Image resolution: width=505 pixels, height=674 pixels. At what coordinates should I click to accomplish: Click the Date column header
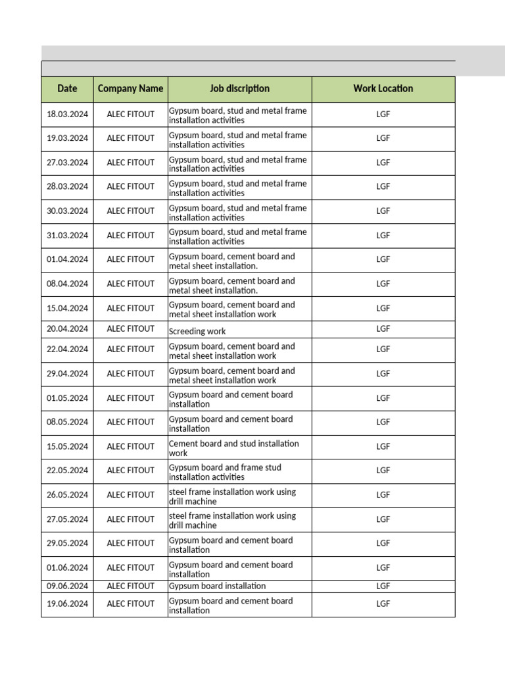tap(67, 89)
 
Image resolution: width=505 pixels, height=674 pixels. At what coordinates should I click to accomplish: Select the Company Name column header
tap(130, 89)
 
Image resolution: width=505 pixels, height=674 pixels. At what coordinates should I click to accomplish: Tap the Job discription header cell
tap(239, 89)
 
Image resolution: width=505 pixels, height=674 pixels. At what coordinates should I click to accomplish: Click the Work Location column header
tap(383, 89)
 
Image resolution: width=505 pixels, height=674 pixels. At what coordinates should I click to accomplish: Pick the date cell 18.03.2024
tap(67, 115)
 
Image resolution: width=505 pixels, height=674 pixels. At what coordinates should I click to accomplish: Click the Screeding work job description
tap(197, 331)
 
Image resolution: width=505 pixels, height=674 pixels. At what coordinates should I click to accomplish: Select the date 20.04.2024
tap(67, 329)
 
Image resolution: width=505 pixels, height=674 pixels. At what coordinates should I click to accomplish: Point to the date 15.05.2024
tap(67, 447)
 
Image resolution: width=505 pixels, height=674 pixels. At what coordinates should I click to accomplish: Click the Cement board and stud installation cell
tap(233, 448)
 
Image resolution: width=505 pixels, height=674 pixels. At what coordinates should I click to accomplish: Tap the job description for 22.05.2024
tap(225, 472)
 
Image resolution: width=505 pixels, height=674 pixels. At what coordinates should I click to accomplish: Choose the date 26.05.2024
tap(67, 495)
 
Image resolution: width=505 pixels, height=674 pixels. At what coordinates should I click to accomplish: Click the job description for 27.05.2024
tap(232, 521)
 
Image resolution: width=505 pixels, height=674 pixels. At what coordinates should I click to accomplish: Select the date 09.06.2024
tap(67, 586)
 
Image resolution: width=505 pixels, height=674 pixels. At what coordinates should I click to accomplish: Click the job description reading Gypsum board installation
tap(218, 586)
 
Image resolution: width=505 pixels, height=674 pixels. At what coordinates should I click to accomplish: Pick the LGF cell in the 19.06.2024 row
tap(383, 604)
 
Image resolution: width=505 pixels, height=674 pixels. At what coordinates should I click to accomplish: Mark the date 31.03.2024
tap(67, 236)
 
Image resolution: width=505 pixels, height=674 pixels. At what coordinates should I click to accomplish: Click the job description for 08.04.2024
tap(231, 286)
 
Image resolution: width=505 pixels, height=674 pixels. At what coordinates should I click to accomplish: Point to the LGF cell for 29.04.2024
tap(383, 374)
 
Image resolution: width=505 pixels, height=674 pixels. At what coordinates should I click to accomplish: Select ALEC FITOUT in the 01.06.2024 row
tap(130, 568)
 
